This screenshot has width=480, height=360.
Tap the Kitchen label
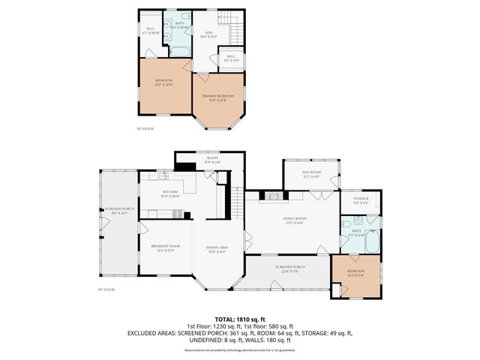(170, 194)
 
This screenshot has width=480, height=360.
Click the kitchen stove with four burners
(178, 214)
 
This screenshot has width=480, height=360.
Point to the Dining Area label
(218, 250)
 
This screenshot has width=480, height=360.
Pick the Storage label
(361, 200)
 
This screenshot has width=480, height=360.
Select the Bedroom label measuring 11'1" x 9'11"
(356, 272)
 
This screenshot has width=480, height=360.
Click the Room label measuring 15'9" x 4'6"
(212, 160)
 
